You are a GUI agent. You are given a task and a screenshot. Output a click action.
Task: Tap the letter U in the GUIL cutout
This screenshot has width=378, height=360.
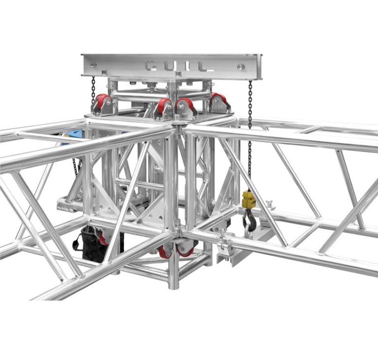tap(168, 65)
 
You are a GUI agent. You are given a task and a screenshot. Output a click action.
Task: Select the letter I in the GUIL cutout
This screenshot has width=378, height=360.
tap(184, 65)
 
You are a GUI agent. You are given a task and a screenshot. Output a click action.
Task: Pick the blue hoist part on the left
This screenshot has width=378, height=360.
tap(75, 134)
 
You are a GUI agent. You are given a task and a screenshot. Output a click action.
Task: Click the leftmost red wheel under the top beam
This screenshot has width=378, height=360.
tap(103, 102)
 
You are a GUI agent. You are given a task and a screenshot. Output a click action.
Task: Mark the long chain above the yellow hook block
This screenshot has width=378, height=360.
tap(250, 138)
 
